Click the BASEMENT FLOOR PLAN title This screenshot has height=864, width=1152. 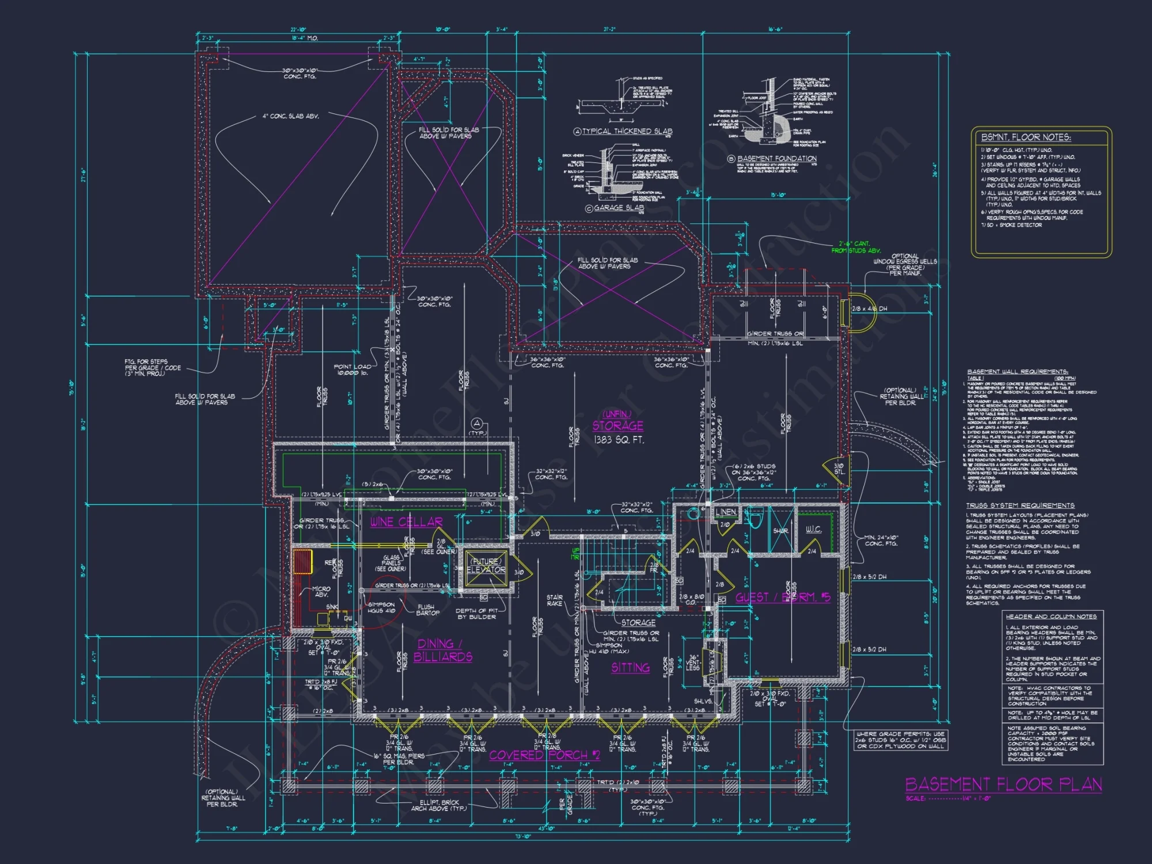point(1003,785)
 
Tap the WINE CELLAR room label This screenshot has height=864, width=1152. point(406,522)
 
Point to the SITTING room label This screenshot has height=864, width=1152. point(630,668)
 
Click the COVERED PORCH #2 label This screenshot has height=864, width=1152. point(544,755)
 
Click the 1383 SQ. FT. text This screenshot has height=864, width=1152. point(619,439)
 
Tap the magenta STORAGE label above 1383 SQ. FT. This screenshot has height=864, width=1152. point(617,426)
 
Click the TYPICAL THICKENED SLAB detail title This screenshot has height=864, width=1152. point(627,131)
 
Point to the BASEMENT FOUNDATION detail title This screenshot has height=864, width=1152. point(776,158)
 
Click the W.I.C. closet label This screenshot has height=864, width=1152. point(813,529)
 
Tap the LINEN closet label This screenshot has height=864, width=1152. point(725,512)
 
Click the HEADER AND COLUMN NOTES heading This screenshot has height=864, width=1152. point(1051,616)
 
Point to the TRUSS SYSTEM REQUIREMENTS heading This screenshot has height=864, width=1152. point(1020,505)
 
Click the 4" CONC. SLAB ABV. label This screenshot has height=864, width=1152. point(290,116)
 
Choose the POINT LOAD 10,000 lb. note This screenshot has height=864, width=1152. point(353,369)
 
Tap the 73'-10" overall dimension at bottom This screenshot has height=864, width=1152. point(523,836)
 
